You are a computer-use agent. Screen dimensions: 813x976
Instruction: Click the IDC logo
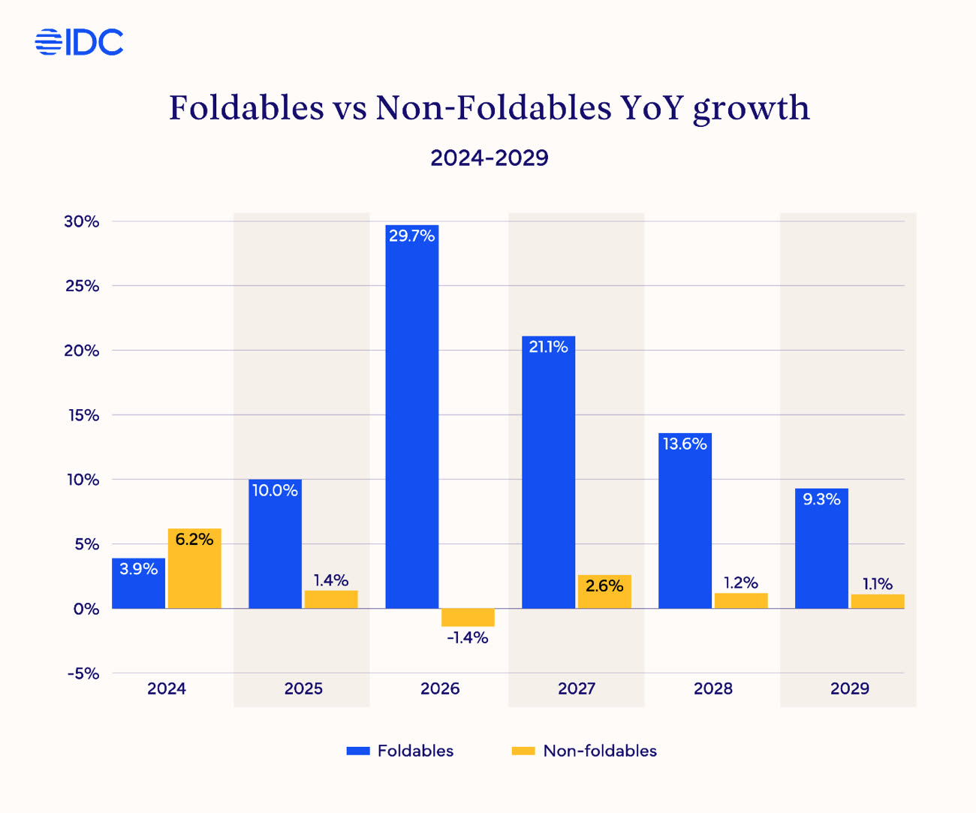pyautogui.click(x=79, y=42)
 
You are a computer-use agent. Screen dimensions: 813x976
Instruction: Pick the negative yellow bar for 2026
pyautogui.click(x=468, y=617)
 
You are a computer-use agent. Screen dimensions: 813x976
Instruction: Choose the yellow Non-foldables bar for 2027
pyautogui.click(x=604, y=592)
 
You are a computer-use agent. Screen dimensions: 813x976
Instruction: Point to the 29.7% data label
pyautogui.click(x=411, y=236)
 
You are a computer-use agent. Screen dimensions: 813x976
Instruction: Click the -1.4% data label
pyautogui.click(x=468, y=638)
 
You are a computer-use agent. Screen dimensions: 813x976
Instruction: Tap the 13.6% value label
pyautogui.click(x=685, y=444)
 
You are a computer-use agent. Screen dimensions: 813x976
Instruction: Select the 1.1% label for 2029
pyautogui.click(x=877, y=584)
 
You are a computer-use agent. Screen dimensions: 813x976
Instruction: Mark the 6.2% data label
pyautogui.click(x=194, y=539)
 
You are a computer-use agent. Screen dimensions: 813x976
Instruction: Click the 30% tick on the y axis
pyautogui.click(x=82, y=221)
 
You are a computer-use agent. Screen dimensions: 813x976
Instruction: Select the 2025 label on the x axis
pyautogui.click(x=303, y=688)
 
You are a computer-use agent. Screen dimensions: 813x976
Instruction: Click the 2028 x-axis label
pyautogui.click(x=713, y=688)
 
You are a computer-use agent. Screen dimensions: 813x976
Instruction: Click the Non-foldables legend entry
pyautogui.click(x=584, y=751)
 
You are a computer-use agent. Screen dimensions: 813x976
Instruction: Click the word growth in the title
pyautogui.click(x=751, y=109)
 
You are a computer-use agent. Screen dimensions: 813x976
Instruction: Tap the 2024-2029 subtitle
pyautogui.click(x=490, y=158)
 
